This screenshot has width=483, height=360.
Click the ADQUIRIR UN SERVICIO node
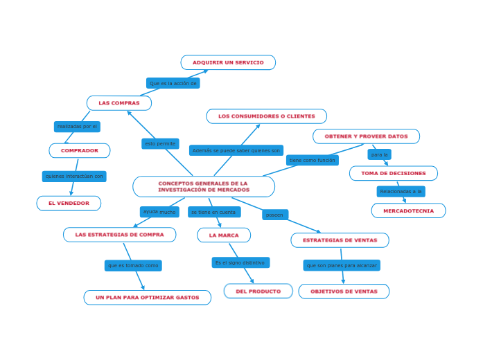228,63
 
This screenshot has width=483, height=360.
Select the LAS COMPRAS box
119,103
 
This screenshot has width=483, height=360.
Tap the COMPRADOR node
80,151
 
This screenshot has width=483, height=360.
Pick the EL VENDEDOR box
69,204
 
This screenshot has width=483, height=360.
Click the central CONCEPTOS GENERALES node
204,187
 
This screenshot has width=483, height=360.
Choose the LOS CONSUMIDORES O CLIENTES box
266,116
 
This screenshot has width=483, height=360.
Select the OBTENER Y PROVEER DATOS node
366,136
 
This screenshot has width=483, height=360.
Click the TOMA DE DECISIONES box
393,173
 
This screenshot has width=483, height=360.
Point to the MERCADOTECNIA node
408,210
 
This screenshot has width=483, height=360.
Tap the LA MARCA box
224,235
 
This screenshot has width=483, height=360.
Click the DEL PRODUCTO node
258,291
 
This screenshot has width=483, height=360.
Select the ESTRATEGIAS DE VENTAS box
340,240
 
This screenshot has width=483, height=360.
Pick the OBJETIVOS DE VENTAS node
344,291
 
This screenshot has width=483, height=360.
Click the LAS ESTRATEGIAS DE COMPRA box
119,235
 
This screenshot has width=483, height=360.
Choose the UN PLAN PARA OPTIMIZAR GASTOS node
148,298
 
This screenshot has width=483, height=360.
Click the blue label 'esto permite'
160,144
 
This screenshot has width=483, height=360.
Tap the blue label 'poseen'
275,215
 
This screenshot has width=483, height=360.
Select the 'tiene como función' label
312,160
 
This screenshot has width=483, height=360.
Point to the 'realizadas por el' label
77,127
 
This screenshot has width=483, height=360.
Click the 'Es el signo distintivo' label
240,263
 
